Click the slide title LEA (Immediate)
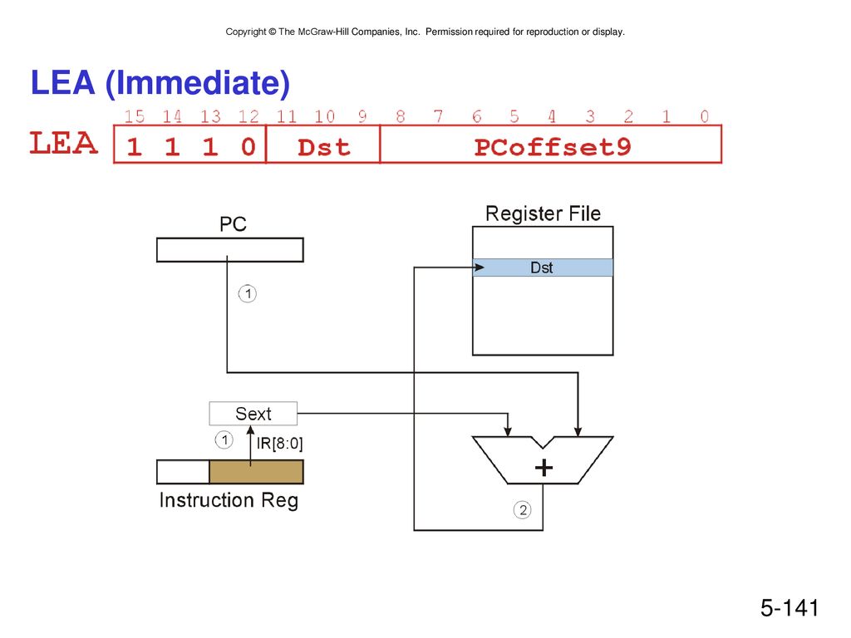(x=160, y=83)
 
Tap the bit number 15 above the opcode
(x=134, y=116)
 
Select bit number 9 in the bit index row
(x=362, y=116)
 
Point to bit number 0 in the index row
(x=704, y=116)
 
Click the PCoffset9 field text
(x=553, y=147)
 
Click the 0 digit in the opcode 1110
(x=248, y=147)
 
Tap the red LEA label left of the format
(x=63, y=143)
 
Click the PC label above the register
(x=233, y=224)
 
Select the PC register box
(x=230, y=250)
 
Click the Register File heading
(x=543, y=213)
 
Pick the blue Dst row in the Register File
(x=543, y=267)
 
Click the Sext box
(x=253, y=414)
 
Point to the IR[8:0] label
(x=279, y=444)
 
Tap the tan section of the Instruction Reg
(x=256, y=472)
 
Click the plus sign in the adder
(x=544, y=468)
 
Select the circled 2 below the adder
(x=523, y=510)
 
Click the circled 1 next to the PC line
(x=248, y=294)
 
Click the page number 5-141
(x=790, y=607)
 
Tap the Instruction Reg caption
(x=229, y=500)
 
